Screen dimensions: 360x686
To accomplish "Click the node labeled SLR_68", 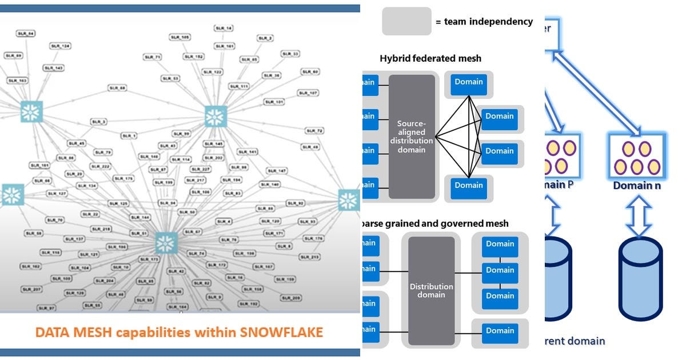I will tap(117, 88).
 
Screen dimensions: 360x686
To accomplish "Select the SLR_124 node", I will tap(61, 45).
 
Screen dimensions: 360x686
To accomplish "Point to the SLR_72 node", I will tap(315, 130).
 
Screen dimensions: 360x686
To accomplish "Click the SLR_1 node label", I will tap(129, 135).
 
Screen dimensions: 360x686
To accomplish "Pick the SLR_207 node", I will tap(33, 290).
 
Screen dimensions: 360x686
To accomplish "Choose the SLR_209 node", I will tap(291, 298).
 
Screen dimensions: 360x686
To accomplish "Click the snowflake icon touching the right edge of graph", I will tap(348, 200).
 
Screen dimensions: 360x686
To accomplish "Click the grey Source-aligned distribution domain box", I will tap(412, 136).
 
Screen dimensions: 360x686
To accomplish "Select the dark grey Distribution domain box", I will tap(432, 290).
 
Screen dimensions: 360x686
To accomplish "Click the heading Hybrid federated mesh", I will tap(430, 58).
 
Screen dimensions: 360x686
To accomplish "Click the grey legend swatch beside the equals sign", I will tap(406, 21).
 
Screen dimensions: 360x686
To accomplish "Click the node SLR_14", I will tap(224, 28).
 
